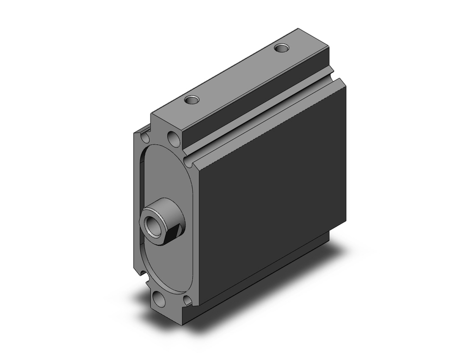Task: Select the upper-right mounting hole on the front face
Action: (173, 138)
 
